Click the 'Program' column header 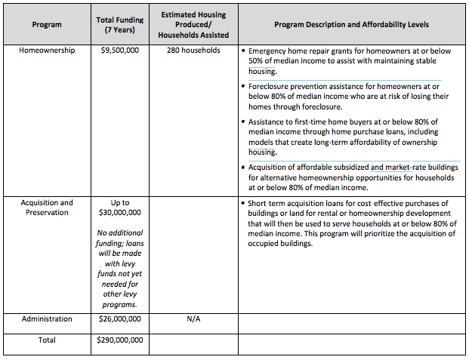pyautogui.click(x=47, y=25)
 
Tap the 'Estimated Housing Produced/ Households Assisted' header pyautogui.click(x=194, y=25)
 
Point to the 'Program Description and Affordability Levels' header pyautogui.click(x=351, y=25)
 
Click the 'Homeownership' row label pyautogui.click(x=47, y=51)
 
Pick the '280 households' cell pyautogui.click(x=194, y=51)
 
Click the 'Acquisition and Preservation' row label pyautogui.click(x=47, y=208)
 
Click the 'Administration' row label pyautogui.click(x=47, y=319)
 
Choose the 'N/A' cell pyautogui.click(x=194, y=319)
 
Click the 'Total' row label pyautogui.click(x=47, y=340)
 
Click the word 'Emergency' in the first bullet pyautogui.click(x=270, y=51)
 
